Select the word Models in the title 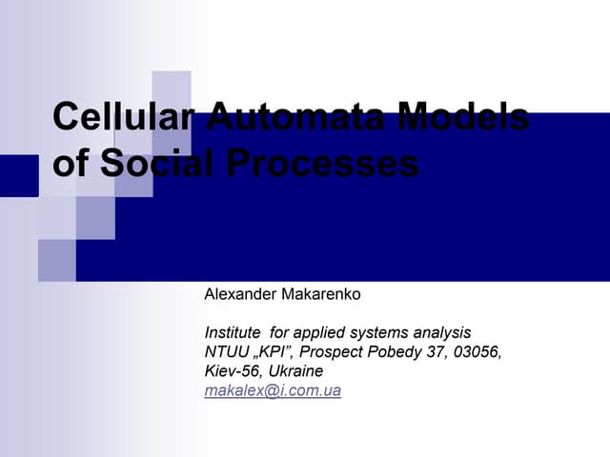click(x=464, y=117)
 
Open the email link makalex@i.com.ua click(x=273, y=390)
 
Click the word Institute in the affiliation click(x=234, y=333)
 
